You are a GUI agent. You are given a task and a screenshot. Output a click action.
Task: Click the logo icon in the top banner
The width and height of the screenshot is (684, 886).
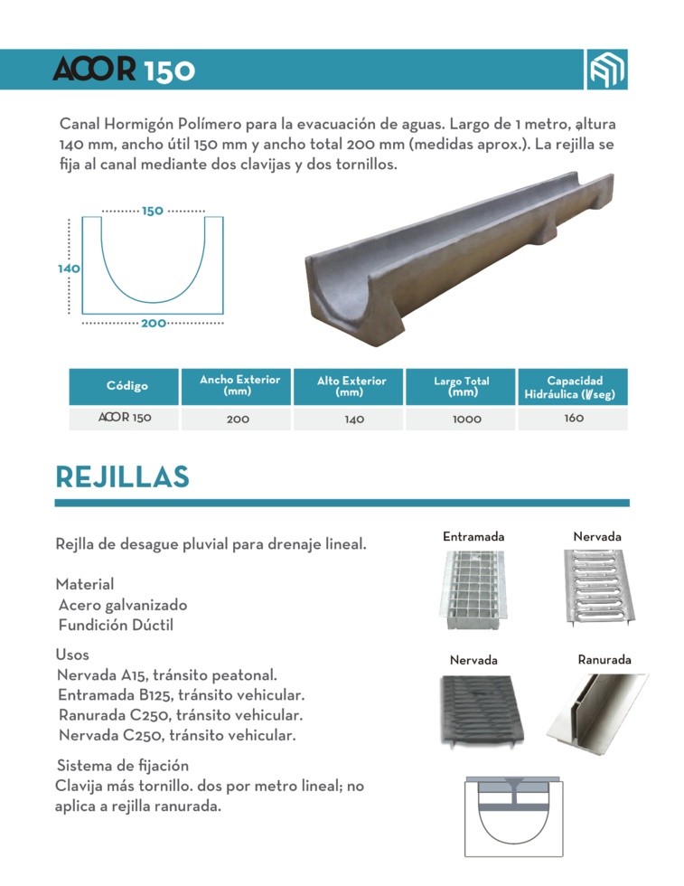(x=605, y=70)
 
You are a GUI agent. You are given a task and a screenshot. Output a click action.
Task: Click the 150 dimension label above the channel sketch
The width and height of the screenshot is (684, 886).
(x=152, y=211)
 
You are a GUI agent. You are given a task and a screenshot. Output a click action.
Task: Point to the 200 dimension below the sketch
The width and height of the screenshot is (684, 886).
(x=153, y=323)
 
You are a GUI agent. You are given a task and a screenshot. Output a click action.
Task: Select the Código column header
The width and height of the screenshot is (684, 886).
(x=126, y=386)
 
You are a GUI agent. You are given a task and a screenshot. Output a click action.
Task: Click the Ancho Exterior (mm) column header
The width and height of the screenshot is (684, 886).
(x=239, y=386)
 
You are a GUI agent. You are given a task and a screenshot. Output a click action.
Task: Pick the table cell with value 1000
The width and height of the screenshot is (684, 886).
(x=461, y=419)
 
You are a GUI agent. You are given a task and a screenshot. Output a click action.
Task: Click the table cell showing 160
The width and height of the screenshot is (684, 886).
(x=574, y=419)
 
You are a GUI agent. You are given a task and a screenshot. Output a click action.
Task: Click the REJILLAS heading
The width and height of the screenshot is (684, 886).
(x=121, y=476)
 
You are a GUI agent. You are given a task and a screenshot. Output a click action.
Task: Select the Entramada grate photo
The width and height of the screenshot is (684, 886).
(x=473, y=588)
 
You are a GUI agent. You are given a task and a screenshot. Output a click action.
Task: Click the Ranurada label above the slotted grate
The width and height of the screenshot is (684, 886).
(x=604, y=660)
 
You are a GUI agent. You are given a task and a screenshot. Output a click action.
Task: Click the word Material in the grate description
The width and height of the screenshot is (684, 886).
(x=85, y=585)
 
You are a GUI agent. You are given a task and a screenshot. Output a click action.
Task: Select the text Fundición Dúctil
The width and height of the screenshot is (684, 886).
(x=116, y=625)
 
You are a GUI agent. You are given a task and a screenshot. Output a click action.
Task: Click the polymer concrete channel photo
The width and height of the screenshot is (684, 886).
(x=465, y=262)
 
